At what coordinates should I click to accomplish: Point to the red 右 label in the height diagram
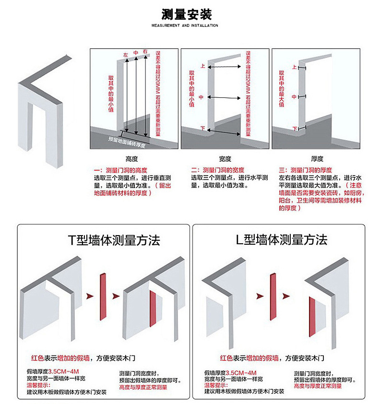[x=145, y=51]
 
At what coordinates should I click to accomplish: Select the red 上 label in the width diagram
[x=202, y=67]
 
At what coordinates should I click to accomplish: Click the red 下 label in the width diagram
[x=202, y=128]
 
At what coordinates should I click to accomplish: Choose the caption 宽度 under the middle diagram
[x=225, y=159]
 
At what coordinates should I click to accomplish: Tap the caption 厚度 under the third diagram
[x=317, y=159]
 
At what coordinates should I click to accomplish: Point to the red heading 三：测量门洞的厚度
[x=306, y=170]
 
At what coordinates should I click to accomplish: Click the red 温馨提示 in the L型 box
[x=215, y=385]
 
